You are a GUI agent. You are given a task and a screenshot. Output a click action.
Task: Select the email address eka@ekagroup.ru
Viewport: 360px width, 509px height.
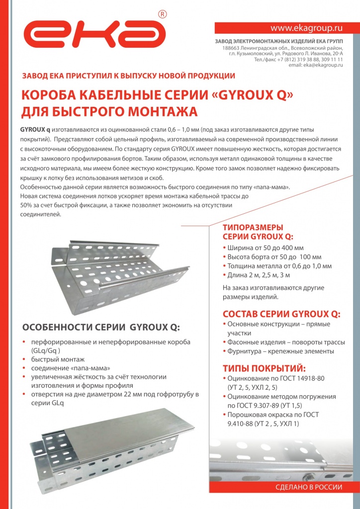click(x=316, y=65)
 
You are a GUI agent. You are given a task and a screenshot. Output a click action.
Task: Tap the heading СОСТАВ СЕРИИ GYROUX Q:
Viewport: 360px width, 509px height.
click(x=281, y=314)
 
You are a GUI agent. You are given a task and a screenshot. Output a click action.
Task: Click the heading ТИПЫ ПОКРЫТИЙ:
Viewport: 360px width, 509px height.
click(x=264, y=368)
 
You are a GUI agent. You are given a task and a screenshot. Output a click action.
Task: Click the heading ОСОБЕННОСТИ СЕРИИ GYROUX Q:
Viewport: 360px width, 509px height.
click(x=101, y=327)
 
